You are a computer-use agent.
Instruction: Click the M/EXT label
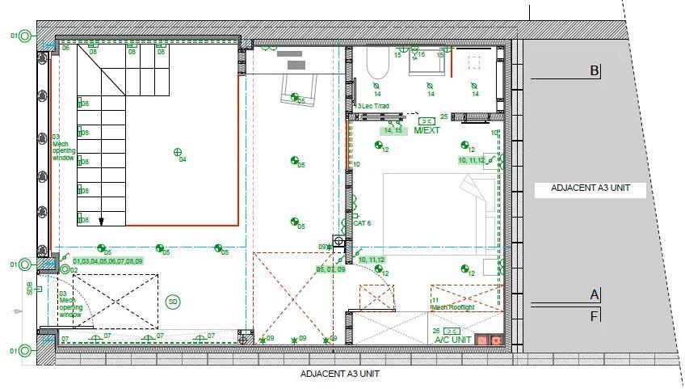coord(426,130)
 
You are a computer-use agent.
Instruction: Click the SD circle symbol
coord(172,302)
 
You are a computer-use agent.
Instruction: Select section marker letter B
coord(595,71)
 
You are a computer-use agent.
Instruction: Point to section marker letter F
coord(595,316)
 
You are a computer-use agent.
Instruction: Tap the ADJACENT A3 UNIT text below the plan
coord(339,374)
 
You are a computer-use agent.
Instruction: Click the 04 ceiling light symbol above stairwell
coord(178,151)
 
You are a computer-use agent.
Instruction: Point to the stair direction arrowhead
coord(101,220)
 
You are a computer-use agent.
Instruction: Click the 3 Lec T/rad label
coord(374,106)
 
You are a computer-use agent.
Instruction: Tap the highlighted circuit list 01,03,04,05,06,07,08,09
coord(107,261)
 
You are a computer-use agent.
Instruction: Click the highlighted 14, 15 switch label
coord(393,130)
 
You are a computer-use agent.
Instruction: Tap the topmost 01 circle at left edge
coord(24,36)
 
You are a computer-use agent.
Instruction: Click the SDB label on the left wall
coord(29,287)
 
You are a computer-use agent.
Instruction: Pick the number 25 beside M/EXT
coord(443,117)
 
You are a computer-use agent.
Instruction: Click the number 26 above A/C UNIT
coord(438,331)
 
